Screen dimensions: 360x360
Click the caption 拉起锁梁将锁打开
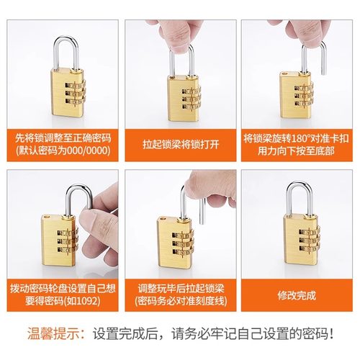(x=180, y=145)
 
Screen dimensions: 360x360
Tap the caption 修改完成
(x=297, y=295)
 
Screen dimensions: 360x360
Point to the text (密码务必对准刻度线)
(x=180, y=302)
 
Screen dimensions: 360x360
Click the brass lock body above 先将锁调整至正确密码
(x=72, y=94)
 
